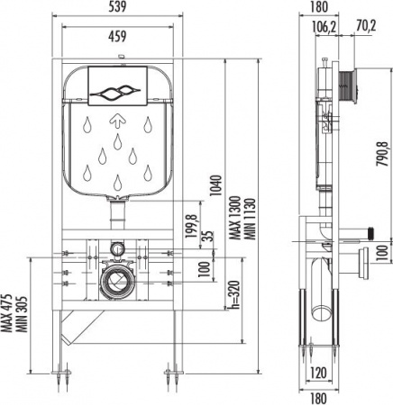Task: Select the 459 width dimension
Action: [x=117, y=37]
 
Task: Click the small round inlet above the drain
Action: [x=117, y=248]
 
